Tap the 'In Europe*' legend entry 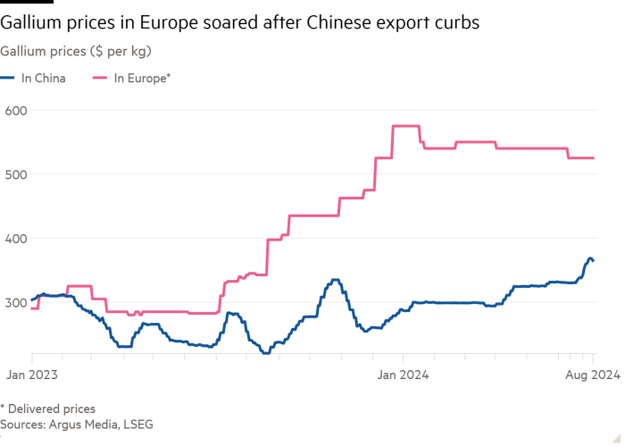tap(143, 79)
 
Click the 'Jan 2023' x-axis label tap(31, 375)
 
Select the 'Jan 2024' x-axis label tap(403, 375)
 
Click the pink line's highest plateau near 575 tap(406, 126)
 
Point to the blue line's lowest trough tap(265, 353)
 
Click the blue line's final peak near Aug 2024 tap(589, 258)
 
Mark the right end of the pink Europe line tap(594, 158)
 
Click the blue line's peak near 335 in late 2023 tap(335, 280)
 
